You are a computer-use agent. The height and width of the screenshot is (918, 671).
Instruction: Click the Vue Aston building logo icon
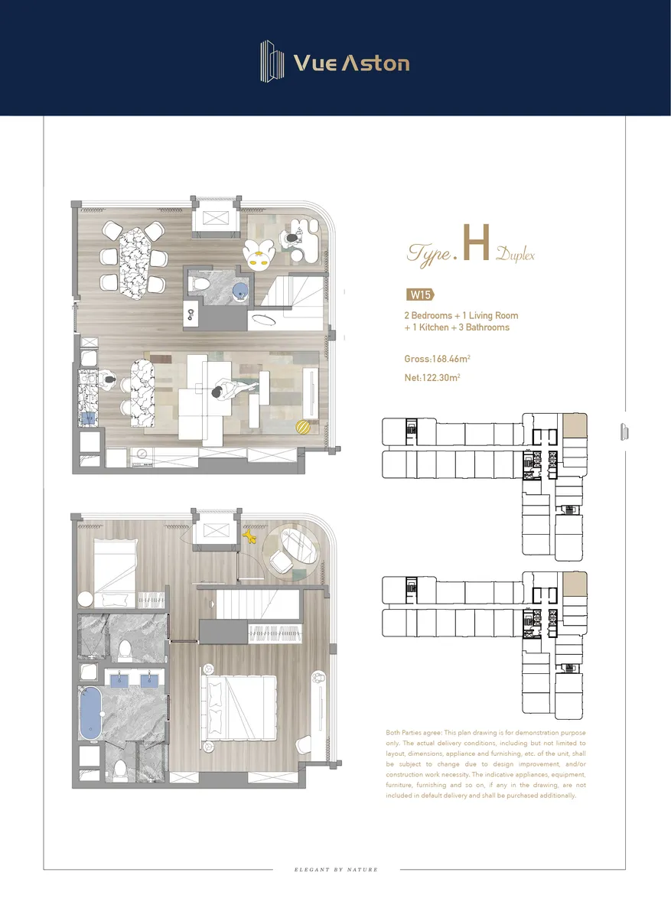pos(272,61)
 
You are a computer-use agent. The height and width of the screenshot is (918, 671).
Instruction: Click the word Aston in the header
pos(376,63)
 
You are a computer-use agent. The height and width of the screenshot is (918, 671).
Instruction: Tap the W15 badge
pos(421,295)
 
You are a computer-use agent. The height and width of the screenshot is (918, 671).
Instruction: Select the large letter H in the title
pos(477,243)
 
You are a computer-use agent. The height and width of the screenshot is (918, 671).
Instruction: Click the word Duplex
pos(515,255)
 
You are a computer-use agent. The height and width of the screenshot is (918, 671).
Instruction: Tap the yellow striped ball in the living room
pos(303,427)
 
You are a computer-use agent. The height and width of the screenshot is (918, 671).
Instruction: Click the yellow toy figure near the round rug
pos(249,536)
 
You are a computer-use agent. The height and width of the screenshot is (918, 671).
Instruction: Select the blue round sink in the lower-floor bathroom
pos(239,291)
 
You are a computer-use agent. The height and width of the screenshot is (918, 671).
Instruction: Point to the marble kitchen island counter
pos(142,392)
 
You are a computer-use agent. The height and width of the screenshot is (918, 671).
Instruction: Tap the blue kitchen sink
pos(88,418)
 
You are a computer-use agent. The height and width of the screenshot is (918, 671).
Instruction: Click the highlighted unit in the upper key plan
pos(575,425)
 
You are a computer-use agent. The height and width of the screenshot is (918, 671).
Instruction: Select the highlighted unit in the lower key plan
pos(575,584)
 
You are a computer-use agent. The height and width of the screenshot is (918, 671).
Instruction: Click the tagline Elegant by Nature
pos(336,869)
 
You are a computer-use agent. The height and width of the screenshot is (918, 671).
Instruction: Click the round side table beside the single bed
pos(86,599)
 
